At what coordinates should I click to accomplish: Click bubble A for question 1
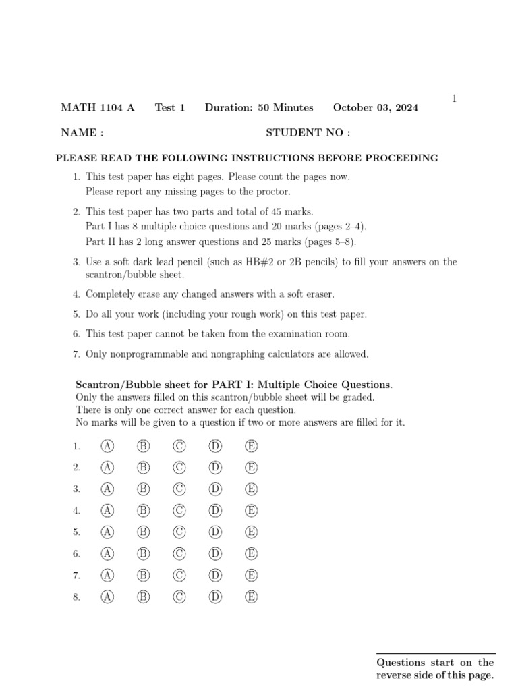pos(107,446)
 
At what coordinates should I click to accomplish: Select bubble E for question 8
pos(252,597)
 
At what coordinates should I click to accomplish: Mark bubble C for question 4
pos(179,510)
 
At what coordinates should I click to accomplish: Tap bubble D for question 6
pos(215,553)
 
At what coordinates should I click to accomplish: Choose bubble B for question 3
pos(143,489)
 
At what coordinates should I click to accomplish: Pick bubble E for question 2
pos(252,467)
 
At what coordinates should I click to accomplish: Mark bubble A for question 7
pos(107,575)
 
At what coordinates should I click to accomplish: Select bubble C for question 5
pos(179,532)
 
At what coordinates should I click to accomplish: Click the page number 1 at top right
pos(454,99)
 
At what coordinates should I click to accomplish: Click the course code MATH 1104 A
pos(98,108)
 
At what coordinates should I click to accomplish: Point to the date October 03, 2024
pos(376,108)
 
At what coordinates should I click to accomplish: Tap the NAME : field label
pos(82,133)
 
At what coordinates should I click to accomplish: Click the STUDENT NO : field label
pos(308,133)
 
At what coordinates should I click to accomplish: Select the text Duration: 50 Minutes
pos(259,108)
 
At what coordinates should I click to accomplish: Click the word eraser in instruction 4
pos(318,294)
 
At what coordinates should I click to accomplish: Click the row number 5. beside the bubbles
pos(77,532)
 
